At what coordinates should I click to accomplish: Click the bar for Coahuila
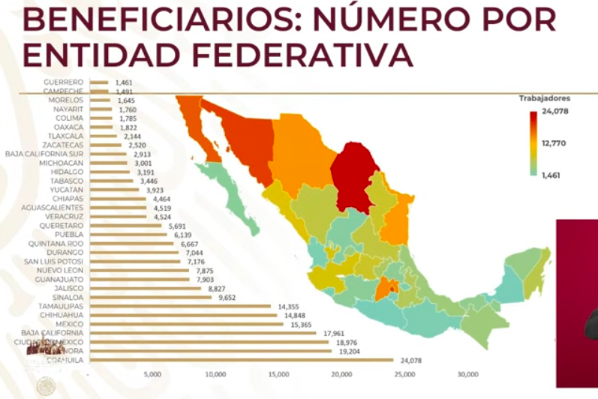(240, 360)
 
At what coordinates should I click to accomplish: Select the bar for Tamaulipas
(180, 306)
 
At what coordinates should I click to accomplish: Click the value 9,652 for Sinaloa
(227, 297)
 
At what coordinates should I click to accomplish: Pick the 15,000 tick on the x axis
(278, 373)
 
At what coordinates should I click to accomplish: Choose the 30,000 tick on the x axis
(468, 373)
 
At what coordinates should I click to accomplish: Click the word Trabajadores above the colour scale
(544, 98)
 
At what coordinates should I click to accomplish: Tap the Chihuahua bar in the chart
(182, 315)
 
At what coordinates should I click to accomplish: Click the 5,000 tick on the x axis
(152, 373)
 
